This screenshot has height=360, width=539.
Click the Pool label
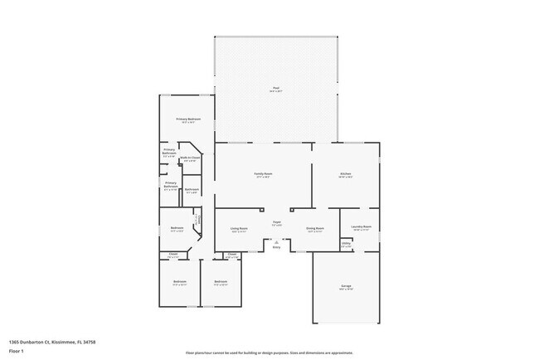pos(275,87)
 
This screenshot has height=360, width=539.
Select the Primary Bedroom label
pos(187,119)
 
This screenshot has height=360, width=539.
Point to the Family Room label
pos(263,173)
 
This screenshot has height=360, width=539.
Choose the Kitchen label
pos(345,173)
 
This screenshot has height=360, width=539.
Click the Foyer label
pos(276,221)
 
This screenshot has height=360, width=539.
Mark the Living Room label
pos(239,227)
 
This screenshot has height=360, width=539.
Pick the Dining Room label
pos(315,227)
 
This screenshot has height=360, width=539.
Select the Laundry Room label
pos(361,226)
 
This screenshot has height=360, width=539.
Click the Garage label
pos(346,286)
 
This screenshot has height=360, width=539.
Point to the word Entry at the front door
pos(276,247)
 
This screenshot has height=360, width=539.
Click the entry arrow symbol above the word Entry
pos(276,241)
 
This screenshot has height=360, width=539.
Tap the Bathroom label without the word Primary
pos(192,190)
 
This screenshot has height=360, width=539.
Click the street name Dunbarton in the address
pos(36,341)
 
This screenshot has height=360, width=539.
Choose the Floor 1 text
pos(16,352)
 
